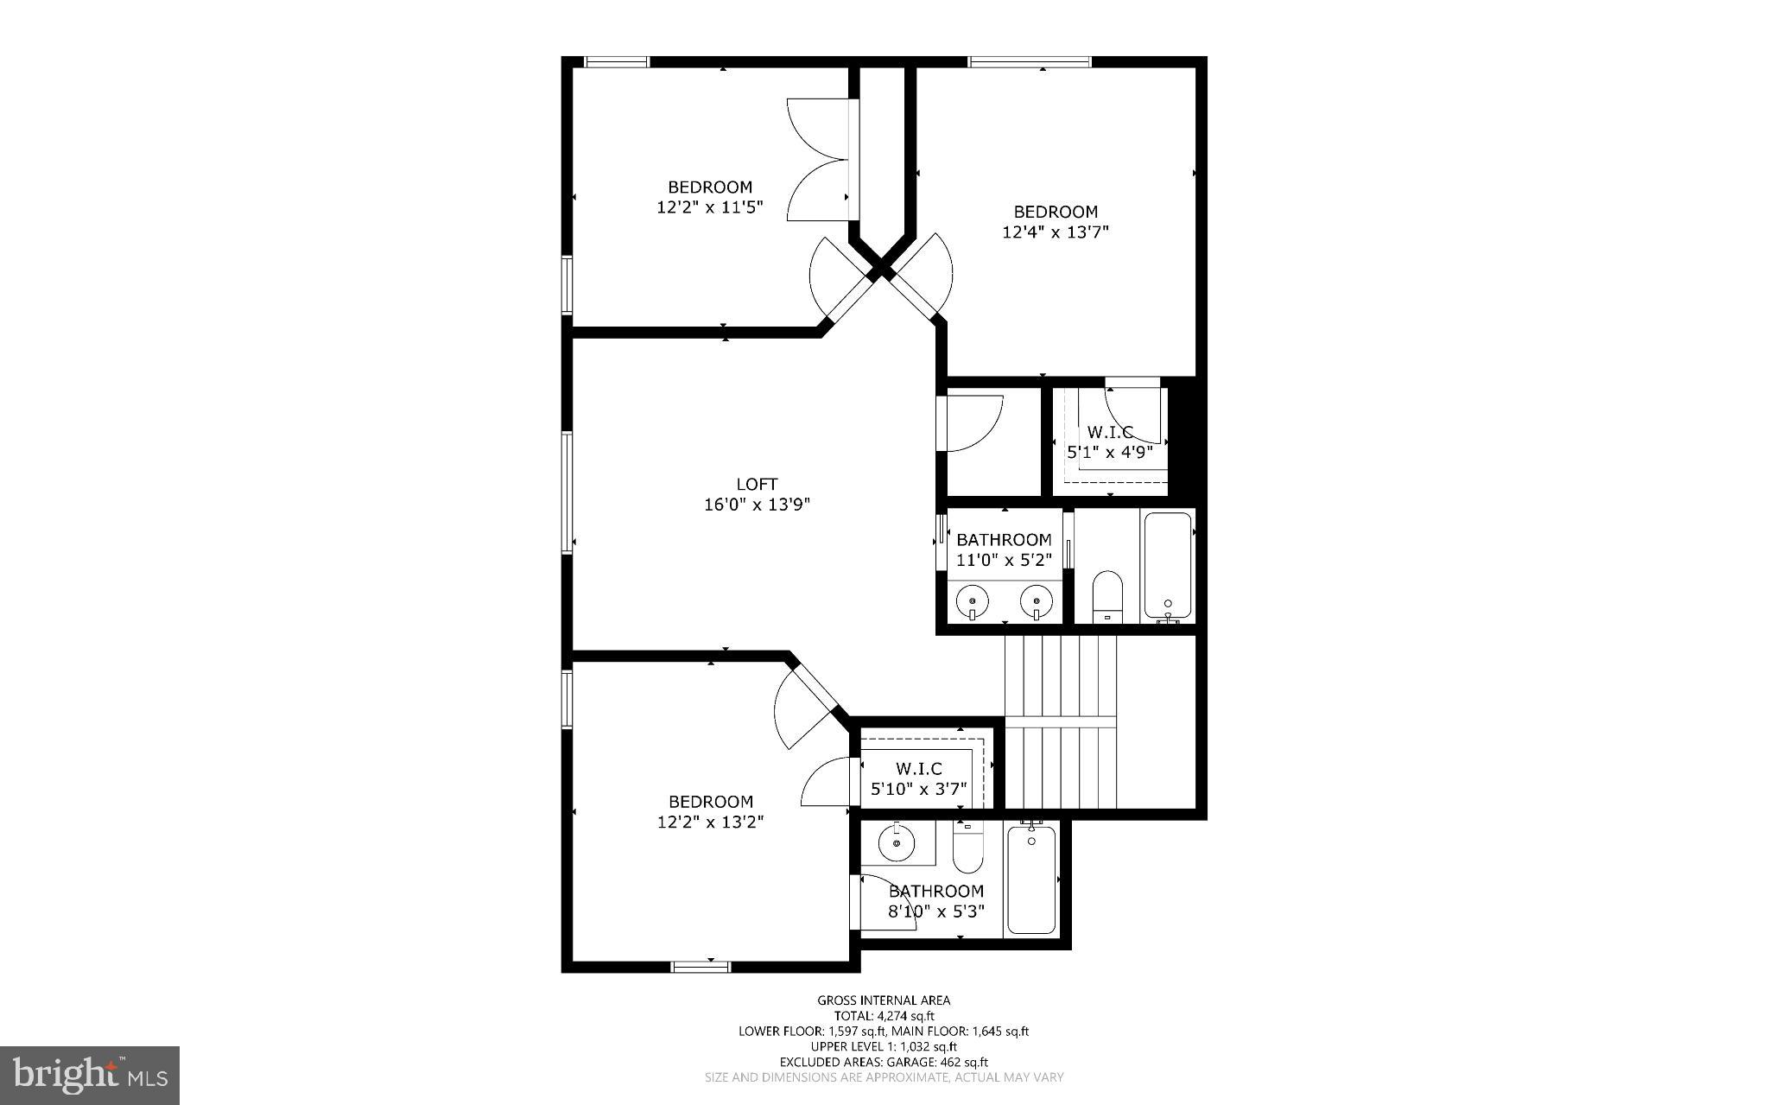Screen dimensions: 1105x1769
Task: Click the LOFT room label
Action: tap(757, 485)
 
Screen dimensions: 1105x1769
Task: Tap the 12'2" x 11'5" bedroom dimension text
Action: tap(710, 207)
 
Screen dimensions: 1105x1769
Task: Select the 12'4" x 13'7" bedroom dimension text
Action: tap(1055, 232)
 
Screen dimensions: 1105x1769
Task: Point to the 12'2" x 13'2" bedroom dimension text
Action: tap(710, 822)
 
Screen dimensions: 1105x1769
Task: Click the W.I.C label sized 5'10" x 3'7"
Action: tap(918, 769)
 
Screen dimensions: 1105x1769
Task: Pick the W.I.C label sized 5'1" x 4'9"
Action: tap(1109, 432)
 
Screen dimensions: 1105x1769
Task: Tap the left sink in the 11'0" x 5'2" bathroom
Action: tap(973, 600)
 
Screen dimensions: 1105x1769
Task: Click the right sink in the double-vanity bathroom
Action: tap(1036, 600)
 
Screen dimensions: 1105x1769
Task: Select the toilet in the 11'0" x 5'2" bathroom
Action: tap(1106, 595)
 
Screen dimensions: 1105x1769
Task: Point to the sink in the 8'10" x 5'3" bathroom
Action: tap(897, 842)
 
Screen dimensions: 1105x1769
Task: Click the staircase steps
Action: tap(1061, 721)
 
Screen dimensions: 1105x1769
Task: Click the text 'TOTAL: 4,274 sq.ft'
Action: tap(884, 1016)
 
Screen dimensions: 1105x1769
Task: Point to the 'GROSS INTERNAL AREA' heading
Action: tap(884, 1000)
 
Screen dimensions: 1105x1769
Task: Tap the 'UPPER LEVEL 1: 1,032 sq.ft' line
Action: tap(884, 1046)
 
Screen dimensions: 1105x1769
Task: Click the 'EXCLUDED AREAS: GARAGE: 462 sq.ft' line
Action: tap(884, 1062)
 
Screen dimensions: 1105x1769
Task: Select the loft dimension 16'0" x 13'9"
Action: tap(757, 505)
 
